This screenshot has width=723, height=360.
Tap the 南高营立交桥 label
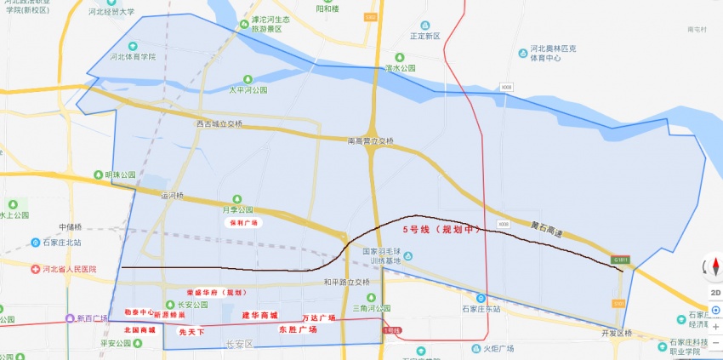tap(372, 140)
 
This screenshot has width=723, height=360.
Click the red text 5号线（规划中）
tap(442, 230)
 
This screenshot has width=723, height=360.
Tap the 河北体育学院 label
tap(133, 57)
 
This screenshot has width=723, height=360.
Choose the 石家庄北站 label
tap(61, 243)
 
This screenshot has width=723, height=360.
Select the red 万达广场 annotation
tap(318, 317)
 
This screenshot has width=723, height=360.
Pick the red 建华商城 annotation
tap(259, 315)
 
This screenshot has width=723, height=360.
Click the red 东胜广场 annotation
tap(297, 329)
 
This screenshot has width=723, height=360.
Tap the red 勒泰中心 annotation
tap(139, 312)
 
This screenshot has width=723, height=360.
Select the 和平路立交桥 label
tap(346, 282)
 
